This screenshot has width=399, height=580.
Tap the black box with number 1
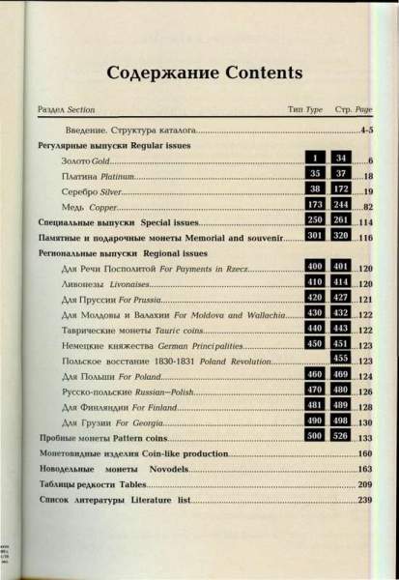pyautogui.click(x=314, y=157)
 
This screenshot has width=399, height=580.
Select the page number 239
pyautogui.click(x=364, y=500)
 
